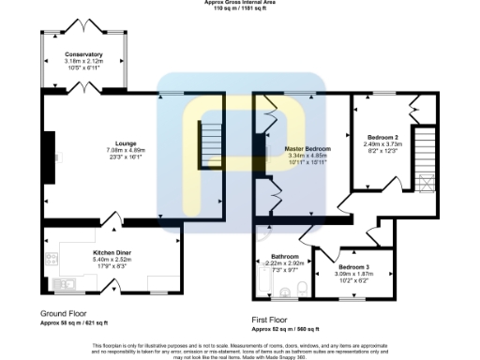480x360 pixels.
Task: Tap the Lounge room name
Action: tap(125, 142)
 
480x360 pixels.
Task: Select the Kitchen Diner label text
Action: tap(111, 252)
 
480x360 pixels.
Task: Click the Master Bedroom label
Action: tap(307, 149)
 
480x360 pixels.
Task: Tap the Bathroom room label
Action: tap(285, 256)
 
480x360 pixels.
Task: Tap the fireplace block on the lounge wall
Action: tap(49, 155)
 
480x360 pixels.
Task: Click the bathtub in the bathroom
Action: tap(262, 281)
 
